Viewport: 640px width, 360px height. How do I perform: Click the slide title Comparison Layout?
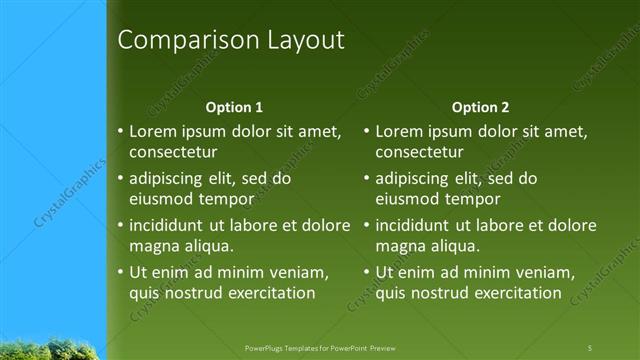pos(231,41)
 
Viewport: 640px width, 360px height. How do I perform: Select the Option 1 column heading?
pos(234,107)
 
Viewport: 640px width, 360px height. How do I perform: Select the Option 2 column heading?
pos(480,107)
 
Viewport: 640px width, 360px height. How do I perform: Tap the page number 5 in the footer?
pos(590,347)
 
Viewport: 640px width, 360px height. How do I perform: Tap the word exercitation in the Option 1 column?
pos(271,293)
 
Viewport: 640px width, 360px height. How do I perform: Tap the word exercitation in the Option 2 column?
pos(517,293)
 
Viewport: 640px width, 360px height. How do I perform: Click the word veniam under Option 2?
pos(543,272)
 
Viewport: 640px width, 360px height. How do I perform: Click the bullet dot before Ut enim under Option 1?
pos(120,272)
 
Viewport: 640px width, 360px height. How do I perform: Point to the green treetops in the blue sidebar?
pos(50,350)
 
